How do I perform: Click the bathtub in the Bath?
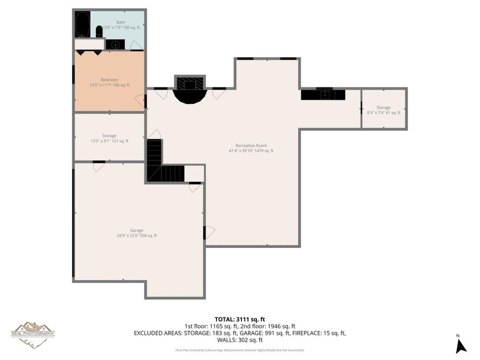pyautogui.click(x=82, y=25)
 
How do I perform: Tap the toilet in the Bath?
pyautogui.click(x=99, y=33)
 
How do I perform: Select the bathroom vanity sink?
pyautogui.click(x=115, y=44)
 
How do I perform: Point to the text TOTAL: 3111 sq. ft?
pyautogui.click(x=239, y=318)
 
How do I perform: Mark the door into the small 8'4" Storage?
pyautogui.click(x=362, y=109)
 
